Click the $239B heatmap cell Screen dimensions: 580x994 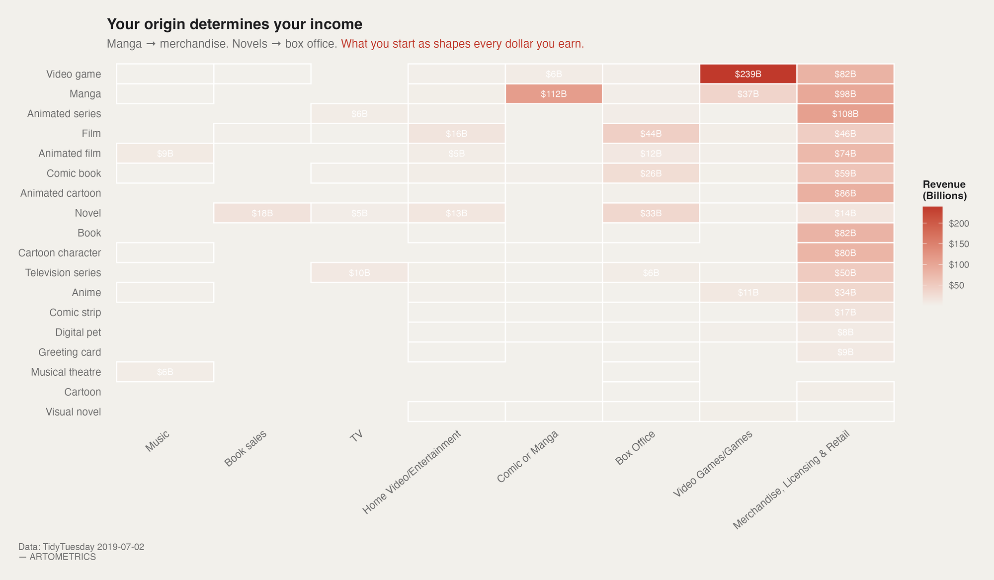[748, 74]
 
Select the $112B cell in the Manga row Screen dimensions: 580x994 [554, 94]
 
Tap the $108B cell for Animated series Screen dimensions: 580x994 [845, 114]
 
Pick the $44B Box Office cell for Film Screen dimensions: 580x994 [651, 134]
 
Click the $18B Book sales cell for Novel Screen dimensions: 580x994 [262, 213]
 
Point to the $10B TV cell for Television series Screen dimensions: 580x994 [359, 273]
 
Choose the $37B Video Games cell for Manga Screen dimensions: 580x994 [748, 94]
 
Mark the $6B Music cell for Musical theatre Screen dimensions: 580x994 [165, 372]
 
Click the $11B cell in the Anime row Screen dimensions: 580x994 [748, 293]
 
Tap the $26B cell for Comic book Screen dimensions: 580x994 [651, 173]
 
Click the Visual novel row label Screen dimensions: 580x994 [73, 412]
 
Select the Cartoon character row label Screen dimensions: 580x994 [60, 253]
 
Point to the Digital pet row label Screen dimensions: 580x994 [78, 332]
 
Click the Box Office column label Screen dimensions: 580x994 [635, 448]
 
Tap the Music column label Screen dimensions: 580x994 [158, 441]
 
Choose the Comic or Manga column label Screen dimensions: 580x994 [528, 456]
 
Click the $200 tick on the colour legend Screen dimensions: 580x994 [959, 224]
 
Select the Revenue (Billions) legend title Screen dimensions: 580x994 [944, 190]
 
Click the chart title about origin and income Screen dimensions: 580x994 [235, 24]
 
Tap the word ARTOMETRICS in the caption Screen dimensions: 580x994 [63, 557]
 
